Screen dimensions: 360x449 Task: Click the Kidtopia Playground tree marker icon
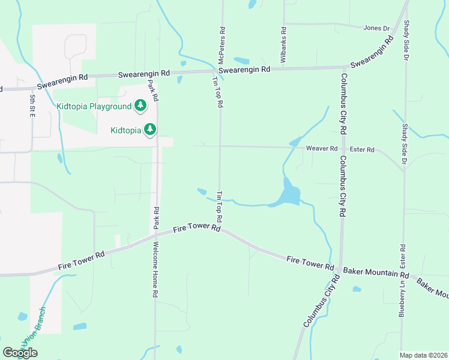coord(140,106)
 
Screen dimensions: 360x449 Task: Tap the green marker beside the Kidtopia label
coord(150,129)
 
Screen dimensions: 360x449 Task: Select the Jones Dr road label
coord(376,28)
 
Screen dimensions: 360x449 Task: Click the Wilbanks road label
coord(283,44)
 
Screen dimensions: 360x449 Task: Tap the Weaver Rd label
coord(322,148)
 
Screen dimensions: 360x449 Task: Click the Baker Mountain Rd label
coord(379,275)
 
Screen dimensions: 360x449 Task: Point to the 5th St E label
coord(32,106)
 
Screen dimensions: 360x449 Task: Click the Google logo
coord(20,353)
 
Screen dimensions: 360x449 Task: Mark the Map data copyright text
coord(423,355)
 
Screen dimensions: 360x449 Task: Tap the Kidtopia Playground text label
coord(94,106)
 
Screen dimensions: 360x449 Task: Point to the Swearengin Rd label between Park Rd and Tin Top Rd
coord(144,74)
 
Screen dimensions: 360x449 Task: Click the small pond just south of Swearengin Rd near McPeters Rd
coord(241,61)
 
